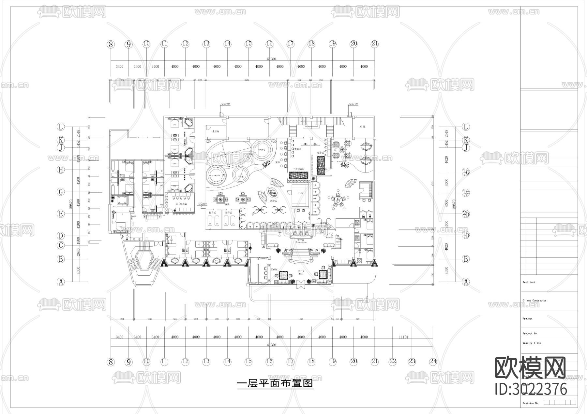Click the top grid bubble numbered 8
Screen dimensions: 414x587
[111, 44]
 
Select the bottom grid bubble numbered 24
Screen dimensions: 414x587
[433, 361]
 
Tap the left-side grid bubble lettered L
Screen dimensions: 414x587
[61, 127]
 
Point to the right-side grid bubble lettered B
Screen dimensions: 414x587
[466, 259]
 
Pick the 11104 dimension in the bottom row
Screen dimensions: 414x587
[403, 337]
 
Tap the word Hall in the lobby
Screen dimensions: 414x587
[301, 274]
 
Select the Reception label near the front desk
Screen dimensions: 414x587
[301, 242]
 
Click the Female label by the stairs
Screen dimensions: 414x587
[329, 238]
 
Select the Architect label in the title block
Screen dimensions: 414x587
[529, 282]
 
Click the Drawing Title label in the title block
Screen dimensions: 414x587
[531, 343]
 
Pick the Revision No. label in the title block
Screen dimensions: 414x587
[530, 403]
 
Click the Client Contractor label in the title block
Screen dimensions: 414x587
[534, 300]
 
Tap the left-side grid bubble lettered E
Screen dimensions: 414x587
[61, 214]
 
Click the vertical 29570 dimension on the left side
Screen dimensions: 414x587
[71, 204]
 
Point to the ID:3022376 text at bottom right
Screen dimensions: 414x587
[531, 389]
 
